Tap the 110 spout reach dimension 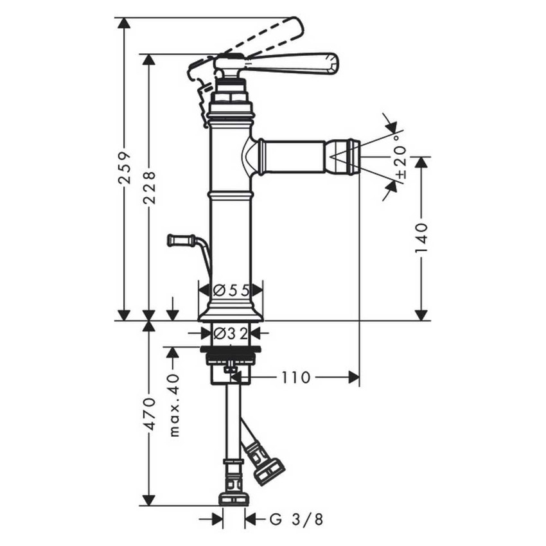pos(295,378)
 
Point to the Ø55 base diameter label pos(231,290)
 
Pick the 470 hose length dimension pos(149,414)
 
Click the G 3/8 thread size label pos(296,519)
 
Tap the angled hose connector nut pos(269,471)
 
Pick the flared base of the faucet pos(231,312)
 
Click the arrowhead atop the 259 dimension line pos(125,23)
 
